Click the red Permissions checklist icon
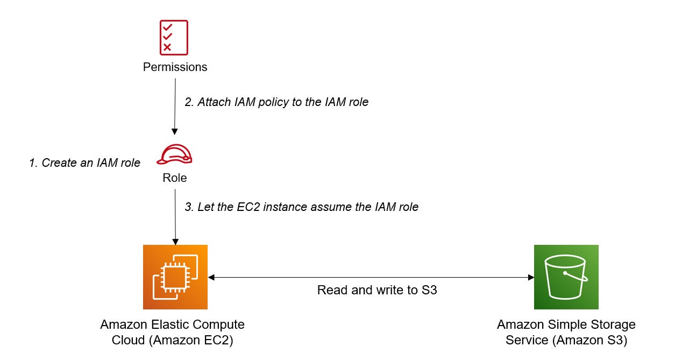pyautogui.click(x=174, y=38)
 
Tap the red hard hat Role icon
pyautogui.click(x=174, y=154)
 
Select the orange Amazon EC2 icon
pyautogui.click(x=175, y=277)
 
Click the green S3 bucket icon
pyautogui.click(x=566, y=277)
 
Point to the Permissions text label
pyautogui.click(x=175, y=67)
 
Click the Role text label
pyautogui.click(x=175, y=178)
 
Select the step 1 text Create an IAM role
pyautogui.click(x=84, y=163)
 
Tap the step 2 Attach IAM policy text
pyautogui.click(x=276, y=102)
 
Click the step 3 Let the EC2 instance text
pyautogui.click(x=301, y=207)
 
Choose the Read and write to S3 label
pyautogui.click(x=377, y=290)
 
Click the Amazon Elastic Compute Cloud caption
pyautogui.click(x=172, y=333)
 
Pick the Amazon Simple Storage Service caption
pyautogui.click(x=566, y=333)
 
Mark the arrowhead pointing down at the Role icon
pyautogui.click(x=174, y=132)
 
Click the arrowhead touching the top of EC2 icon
pyautogui.click(x=175, y=242)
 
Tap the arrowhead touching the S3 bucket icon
pyautogui.click(x=531, y=277)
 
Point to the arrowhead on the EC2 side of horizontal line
pyautogui.click(x=211, y=277)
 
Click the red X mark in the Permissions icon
pyautogui.click(x=167, y=47)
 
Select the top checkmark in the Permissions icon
pyautogui.click(x=168, y=27)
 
